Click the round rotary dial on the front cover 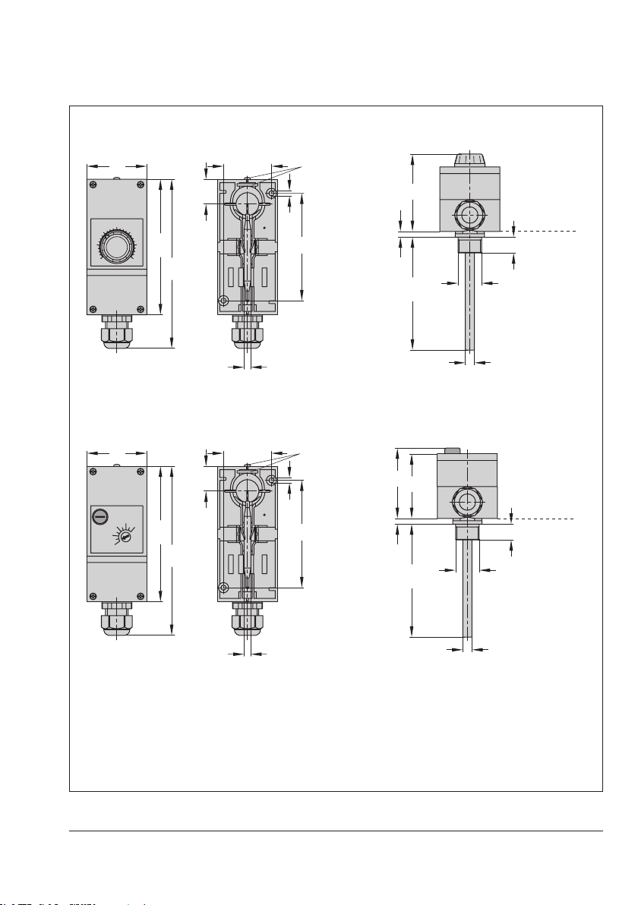[116, 247]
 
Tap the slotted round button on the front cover [99, 516]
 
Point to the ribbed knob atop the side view [470, 159]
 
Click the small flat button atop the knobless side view [452, 451]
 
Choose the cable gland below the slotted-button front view [116, 618]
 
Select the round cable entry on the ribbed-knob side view [470, 215]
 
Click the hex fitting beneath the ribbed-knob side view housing [470, 244]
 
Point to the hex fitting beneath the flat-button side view [467, 531]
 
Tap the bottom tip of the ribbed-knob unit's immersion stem [470, 348]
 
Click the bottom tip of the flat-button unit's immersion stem [467, 635]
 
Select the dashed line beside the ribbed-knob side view [547, 230]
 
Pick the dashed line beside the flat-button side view [543, 519]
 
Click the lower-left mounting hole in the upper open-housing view [223, 298]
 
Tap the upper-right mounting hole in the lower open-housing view [271, 481]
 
